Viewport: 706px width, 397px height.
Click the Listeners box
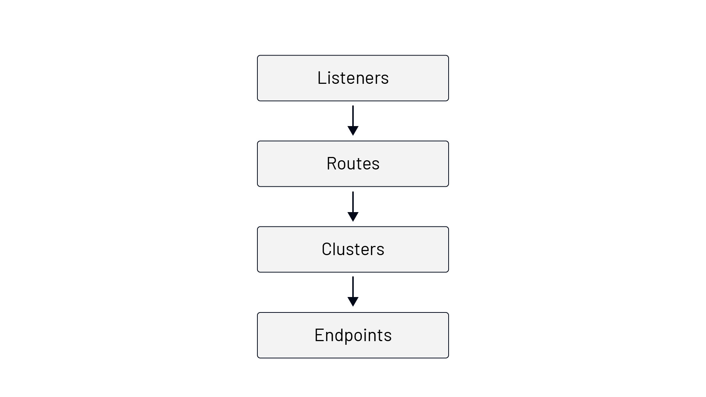pos(353,78)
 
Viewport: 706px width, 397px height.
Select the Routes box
pos(353,164)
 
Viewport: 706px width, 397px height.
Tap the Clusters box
pos(353,249)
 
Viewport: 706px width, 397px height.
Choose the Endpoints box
pos(353,335)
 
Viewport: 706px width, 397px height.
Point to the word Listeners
pos(353,78)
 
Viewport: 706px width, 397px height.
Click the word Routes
pos(353,164)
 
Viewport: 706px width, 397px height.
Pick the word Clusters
pos(353,249)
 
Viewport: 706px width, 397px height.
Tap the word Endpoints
pos(353,335)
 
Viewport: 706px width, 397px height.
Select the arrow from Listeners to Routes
pos(353,121)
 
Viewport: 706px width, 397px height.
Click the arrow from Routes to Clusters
pos(353,206)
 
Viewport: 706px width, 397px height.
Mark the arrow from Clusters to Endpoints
pos(353,292)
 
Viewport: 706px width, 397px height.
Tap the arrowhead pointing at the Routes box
pos(353,131)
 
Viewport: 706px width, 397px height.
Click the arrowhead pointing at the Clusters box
pos(353,217)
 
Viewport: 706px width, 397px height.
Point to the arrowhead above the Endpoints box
pos(353,302)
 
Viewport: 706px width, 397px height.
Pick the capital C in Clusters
pos(327,249)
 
